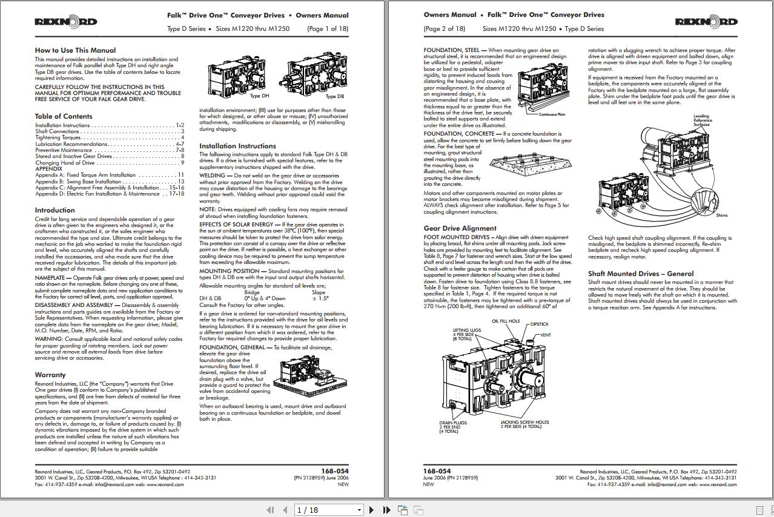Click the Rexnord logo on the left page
[x=65, y=22]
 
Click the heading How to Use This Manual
[x=75, y=50]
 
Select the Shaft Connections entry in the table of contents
[x=58, y=131]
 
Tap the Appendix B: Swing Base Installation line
[x=78, y=182]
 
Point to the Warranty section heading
[x=50, y=375]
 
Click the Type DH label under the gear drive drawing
[x=259, y=96]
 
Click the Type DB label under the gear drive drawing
[x=334, y=96]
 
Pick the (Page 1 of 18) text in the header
[x=328, y=28]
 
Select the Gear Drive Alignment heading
[x=460, y=228]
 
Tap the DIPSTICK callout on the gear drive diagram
[x=539, y=324]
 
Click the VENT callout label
[x=545, y=335]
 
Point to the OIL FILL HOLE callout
[x=505, y=321]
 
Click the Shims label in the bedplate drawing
[x=721, y=215]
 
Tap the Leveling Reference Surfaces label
[x=702, y=120]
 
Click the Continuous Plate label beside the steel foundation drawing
[x=552, y=114]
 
